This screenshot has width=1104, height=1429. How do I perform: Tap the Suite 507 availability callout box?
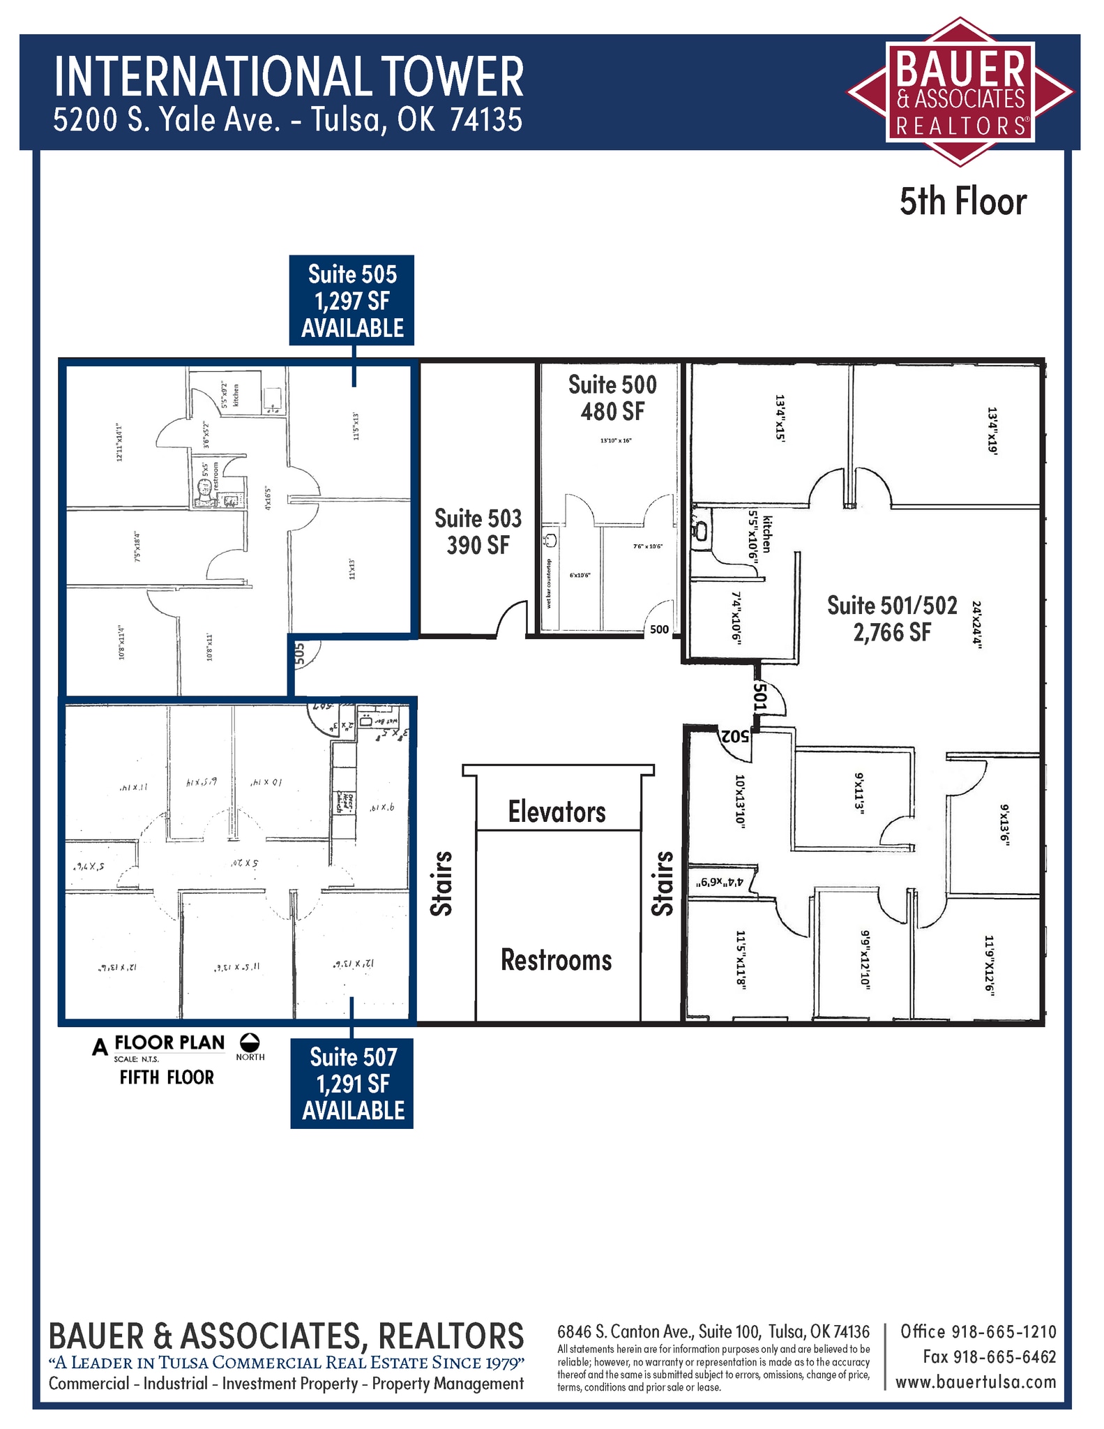[352, 1083]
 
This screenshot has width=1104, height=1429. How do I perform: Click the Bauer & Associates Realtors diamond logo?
[960, 92]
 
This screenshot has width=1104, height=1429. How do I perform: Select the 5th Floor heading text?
[962, 202]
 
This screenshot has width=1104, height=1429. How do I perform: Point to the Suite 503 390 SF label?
[478, 532]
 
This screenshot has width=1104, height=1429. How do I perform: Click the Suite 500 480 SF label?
[612, 398]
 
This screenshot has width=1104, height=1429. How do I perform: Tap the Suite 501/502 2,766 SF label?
[892, 618]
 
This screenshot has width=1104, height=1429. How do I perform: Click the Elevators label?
[557, 812]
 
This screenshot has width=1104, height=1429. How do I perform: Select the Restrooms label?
[557, 960]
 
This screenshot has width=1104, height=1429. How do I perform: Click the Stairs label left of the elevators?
[441, 883]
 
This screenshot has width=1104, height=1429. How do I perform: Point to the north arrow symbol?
[250, 1042]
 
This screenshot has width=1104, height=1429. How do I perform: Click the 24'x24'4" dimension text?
[976, 625]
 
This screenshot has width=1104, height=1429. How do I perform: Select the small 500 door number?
[659, 629]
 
